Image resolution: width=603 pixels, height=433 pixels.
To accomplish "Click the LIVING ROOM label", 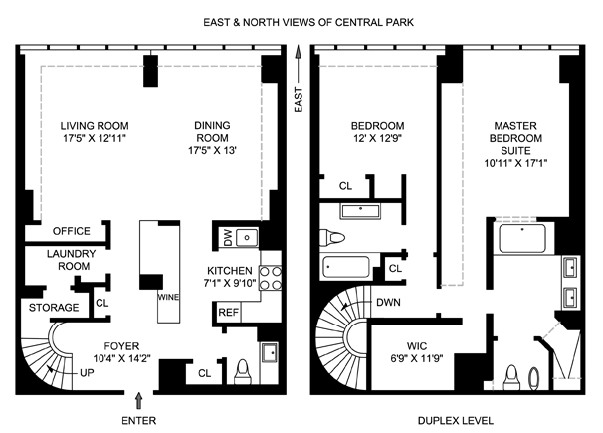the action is (x=95, y=125).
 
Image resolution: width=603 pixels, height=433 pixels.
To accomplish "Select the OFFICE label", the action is (x=72, y=232).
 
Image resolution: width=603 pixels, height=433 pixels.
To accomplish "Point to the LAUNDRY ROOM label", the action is (x=72, y=261).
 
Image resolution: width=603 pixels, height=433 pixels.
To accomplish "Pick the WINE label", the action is (x=166, y=297).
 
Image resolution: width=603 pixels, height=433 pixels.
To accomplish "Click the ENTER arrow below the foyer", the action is (x=138, y=400).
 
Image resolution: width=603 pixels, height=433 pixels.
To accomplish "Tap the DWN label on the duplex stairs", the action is (x=389, y=303).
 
